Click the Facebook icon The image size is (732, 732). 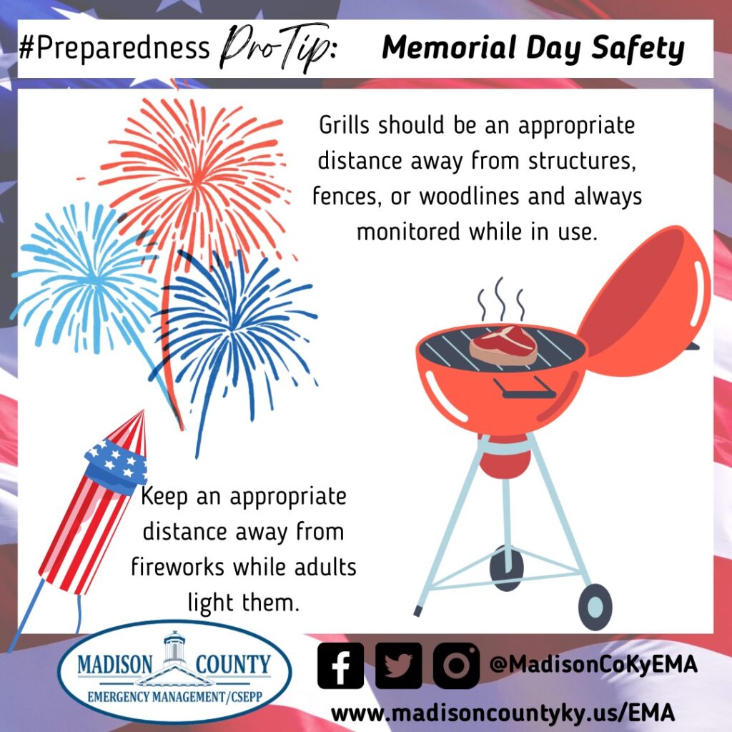(x=340, y=666)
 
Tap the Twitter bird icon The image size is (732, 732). (x=398, y=666)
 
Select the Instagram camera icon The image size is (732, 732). (x=456, y=666)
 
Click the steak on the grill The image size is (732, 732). (x=503, y=346)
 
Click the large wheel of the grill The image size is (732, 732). (x=595, y=606)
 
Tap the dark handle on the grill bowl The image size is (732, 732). (x=524, y=388)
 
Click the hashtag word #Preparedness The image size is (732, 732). (x=115, y=48)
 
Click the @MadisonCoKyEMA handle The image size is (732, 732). (x=593, y=664)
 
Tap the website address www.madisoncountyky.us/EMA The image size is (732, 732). (x=503, y=713)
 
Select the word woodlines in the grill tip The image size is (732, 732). (x=469, y=196)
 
